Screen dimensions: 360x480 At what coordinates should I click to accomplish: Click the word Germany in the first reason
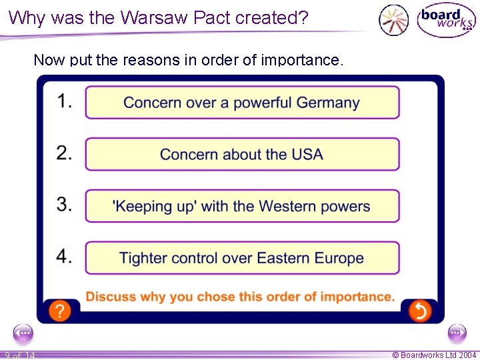(x=328, y=103)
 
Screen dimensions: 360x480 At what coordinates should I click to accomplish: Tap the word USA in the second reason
(x=307, y=155)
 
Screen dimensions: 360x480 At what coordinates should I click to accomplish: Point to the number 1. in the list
(x=65, y=101)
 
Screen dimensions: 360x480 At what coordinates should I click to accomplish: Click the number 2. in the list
(x=65, y=153)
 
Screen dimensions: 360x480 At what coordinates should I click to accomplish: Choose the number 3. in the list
(x=65, y=205)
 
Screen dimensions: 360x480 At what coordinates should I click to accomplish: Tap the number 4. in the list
(x=65, y=257)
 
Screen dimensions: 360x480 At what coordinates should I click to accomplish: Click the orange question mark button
(x=60, y=310)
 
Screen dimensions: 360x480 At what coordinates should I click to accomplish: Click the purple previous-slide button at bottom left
(x=23, y=332)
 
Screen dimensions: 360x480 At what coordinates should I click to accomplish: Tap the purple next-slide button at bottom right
(x=457, y=332)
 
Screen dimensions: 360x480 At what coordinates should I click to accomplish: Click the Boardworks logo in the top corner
(x=445, y=21)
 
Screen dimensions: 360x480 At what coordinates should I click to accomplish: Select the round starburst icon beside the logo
(x=393, y=20)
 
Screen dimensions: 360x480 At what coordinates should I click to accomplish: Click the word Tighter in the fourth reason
(x=141, y=259)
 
